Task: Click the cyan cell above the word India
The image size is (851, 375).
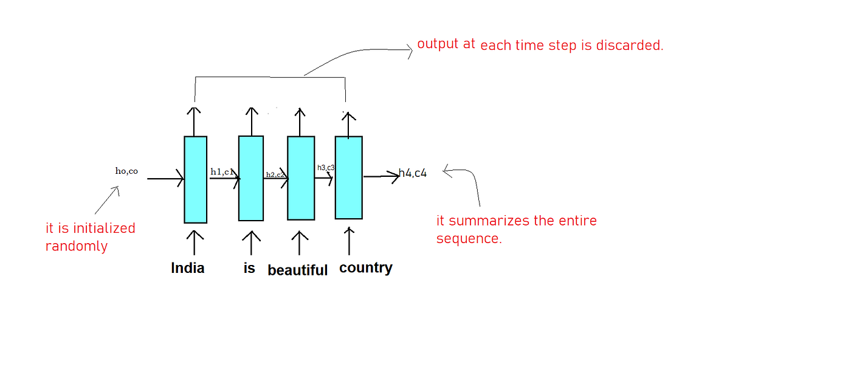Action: pos(195,179)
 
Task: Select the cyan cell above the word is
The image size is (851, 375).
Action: pos(250,178)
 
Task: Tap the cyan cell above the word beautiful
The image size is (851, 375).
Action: pos(301,178)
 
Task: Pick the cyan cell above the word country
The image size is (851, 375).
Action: pos(348,177)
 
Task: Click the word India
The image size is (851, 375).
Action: pos(188,268)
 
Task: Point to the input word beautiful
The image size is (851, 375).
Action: pos(297,270)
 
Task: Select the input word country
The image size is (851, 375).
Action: pos(365,268)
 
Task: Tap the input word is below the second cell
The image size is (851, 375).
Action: pos(249,268)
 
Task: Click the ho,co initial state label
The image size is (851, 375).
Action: pos(126,171)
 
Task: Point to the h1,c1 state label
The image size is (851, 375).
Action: pos(222,172)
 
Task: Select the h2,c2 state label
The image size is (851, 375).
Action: pos(275,174)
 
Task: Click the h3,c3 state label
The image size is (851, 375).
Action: pos(326,167)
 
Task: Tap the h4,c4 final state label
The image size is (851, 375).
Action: pos(413,173)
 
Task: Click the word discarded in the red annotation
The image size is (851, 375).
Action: pos(632,46)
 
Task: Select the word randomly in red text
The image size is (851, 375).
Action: pos(77,247)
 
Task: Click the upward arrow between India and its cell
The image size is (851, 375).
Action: pos(195,242)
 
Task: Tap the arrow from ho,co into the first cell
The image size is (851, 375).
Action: pos(165,179)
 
